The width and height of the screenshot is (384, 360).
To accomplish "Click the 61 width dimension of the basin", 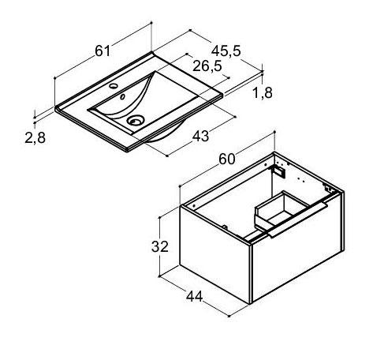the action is (103, 51).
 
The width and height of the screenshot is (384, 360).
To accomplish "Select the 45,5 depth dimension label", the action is (226, 51).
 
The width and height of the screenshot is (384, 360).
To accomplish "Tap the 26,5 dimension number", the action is (207, 66).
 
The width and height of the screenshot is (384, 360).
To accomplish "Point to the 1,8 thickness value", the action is (263, 92).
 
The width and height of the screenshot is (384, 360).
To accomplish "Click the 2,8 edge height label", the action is (35, 137).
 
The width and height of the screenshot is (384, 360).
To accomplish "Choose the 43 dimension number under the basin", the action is (201, 136).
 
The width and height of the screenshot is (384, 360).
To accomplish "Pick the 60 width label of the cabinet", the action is (227, 159).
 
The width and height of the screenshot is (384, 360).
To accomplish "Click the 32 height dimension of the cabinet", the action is (160, 246).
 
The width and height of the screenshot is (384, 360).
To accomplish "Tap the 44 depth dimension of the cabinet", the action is (195, 296).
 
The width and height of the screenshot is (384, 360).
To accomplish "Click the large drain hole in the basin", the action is (136, 120).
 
